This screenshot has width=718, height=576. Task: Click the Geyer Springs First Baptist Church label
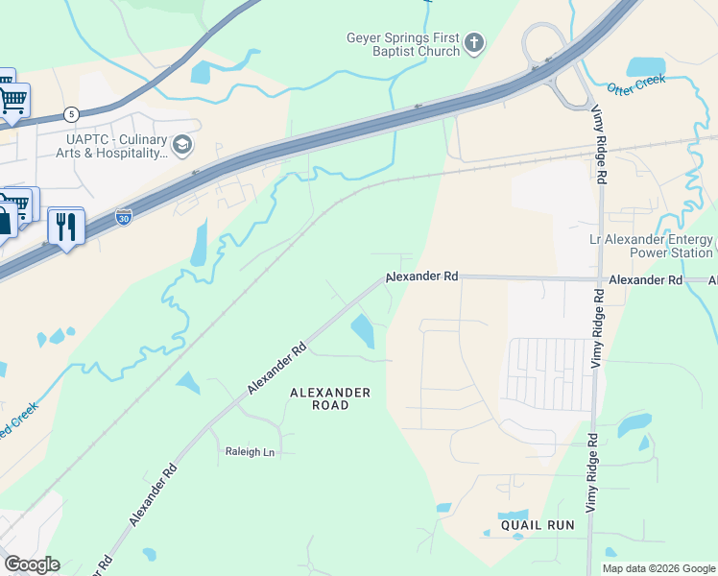[x=403, y=44]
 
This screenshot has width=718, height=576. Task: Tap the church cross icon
[x=473, y=42]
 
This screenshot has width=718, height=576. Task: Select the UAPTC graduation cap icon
[x=182, y=145]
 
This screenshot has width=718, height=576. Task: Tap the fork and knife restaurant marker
[x=65, y=227]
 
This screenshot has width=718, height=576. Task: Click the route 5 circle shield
[x=71, y=114]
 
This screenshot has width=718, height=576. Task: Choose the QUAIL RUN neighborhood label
[x=537, y=525]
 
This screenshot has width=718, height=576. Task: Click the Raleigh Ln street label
[x=250, y=451]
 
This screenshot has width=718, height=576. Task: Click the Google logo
[x=32, y=564]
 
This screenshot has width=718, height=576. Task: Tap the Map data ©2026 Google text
[x=658, y=568]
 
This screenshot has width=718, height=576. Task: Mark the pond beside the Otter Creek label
[x=645, y=66]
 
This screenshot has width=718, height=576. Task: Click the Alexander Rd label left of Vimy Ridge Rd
[x=422, y=276]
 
